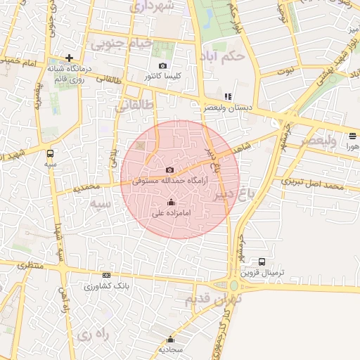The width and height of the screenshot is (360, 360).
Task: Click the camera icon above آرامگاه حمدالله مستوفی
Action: click(169, 169)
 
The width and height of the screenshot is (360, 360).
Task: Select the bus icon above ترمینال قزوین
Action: click(262, 262)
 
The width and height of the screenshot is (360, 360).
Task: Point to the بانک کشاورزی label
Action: click(105, 286)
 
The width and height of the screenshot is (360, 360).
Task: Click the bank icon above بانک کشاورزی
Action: click(106, 276)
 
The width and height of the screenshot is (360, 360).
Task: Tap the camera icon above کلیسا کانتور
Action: click(163, 65)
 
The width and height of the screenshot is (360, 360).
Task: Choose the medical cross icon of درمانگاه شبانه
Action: click(69, 58)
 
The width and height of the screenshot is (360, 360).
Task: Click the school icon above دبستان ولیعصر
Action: click(227, 97)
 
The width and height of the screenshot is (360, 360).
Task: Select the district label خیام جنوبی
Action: click(120, 44)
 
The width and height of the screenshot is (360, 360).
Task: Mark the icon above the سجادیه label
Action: click(170, 339)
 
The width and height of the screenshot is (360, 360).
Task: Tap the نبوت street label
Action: click(286, 71)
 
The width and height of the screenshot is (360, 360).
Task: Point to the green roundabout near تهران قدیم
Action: click(233, 285)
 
